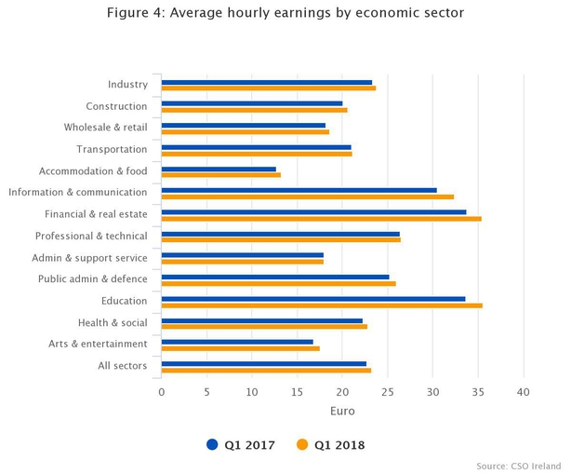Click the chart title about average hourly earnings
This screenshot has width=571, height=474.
click(285, 13)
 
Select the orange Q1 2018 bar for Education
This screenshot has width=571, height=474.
click(322, 305)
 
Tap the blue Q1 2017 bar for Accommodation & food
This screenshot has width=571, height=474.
click(219, 169)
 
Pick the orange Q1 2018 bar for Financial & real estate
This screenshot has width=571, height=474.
click(321, 219)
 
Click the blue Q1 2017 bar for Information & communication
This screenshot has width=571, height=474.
click(299, 190)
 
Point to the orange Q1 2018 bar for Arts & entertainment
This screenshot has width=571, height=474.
click(240, 348)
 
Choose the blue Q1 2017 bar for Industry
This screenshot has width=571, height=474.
click(266, 82)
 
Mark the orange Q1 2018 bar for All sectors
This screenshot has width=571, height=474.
click(266, 370)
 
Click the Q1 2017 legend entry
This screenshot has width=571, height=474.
click(241, 445)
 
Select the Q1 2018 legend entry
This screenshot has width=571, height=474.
click(330, 445)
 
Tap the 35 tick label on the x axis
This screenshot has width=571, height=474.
click(478, 392)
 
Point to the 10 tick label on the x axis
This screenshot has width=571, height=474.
click(251, 392)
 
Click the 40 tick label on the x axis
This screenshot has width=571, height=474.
click(524, 392)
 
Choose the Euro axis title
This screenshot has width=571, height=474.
click(342, 411)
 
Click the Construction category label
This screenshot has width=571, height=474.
click(116, 107)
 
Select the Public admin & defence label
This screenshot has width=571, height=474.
click(92, 279)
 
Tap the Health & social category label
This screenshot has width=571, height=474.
click(113, 322)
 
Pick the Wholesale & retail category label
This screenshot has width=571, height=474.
click(105, 129)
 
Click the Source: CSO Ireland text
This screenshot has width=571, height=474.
click(519, 465)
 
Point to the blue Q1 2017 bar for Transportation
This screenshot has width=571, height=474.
click(256, 147)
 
